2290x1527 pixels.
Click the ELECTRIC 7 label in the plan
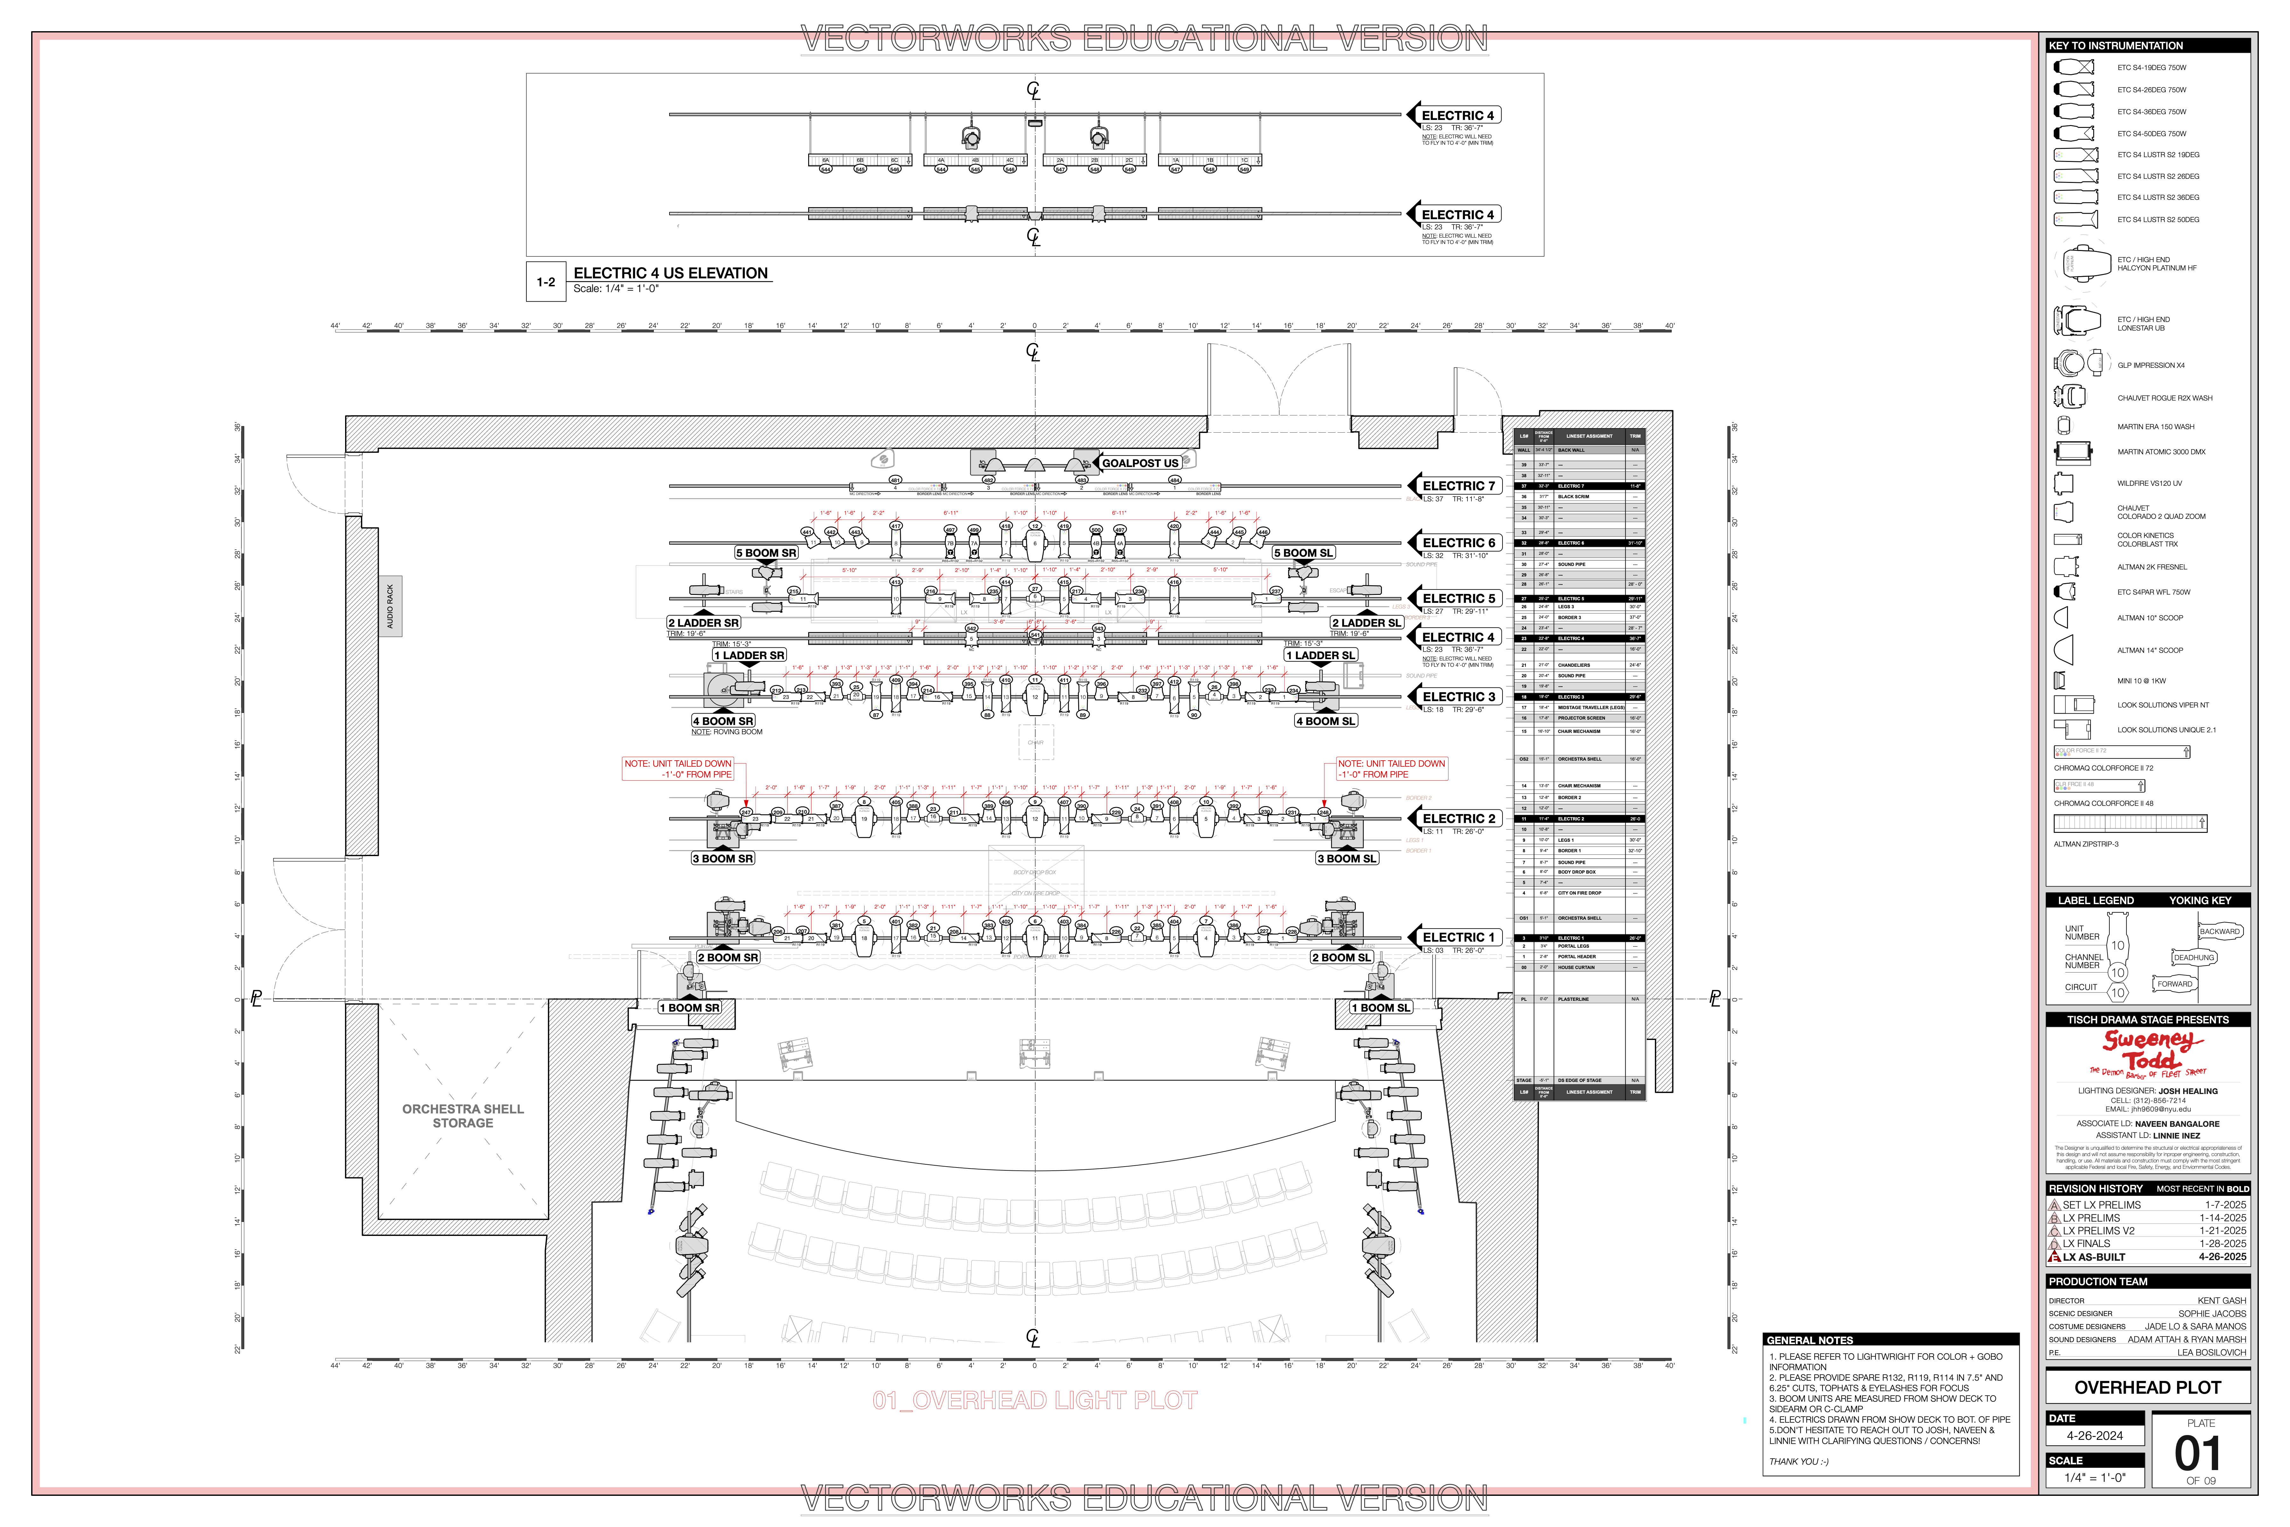(1458, 486)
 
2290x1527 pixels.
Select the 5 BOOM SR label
(766, 553)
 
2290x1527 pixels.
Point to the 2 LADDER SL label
(1366, 623)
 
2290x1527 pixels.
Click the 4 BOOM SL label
(1325, 722)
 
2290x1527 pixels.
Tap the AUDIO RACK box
(391, 606)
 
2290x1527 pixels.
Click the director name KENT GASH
(2221, 1301)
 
